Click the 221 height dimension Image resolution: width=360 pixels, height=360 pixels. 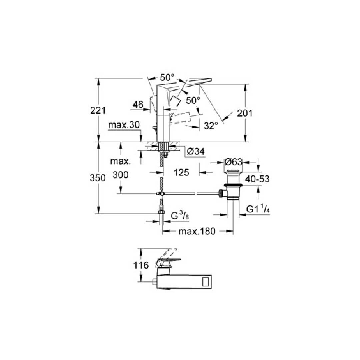click(98, 111)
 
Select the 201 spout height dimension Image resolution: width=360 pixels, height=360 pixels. click(245, 113)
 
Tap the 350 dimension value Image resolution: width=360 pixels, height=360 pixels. click(98, 178)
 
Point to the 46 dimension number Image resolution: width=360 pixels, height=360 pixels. click(138, 105)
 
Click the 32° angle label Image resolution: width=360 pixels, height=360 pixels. click(211, 126)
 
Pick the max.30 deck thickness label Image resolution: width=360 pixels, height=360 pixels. click(124, 125)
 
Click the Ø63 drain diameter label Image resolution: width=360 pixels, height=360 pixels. click(233, 162)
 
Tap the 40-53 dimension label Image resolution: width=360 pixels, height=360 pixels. click(257, 179)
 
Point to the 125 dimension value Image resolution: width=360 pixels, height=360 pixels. click(181, 172)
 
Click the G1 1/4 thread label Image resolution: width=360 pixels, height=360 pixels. click(258, 209)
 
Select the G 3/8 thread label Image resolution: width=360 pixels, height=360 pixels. click(180, 216)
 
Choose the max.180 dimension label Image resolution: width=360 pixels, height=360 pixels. click(197, 231)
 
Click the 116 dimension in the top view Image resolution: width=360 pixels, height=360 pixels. click(141, 265)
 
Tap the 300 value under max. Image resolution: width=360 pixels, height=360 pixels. click(121, 175)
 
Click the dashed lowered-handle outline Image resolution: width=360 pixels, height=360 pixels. click(182, 117)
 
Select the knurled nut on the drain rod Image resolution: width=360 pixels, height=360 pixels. click(221, 193)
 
